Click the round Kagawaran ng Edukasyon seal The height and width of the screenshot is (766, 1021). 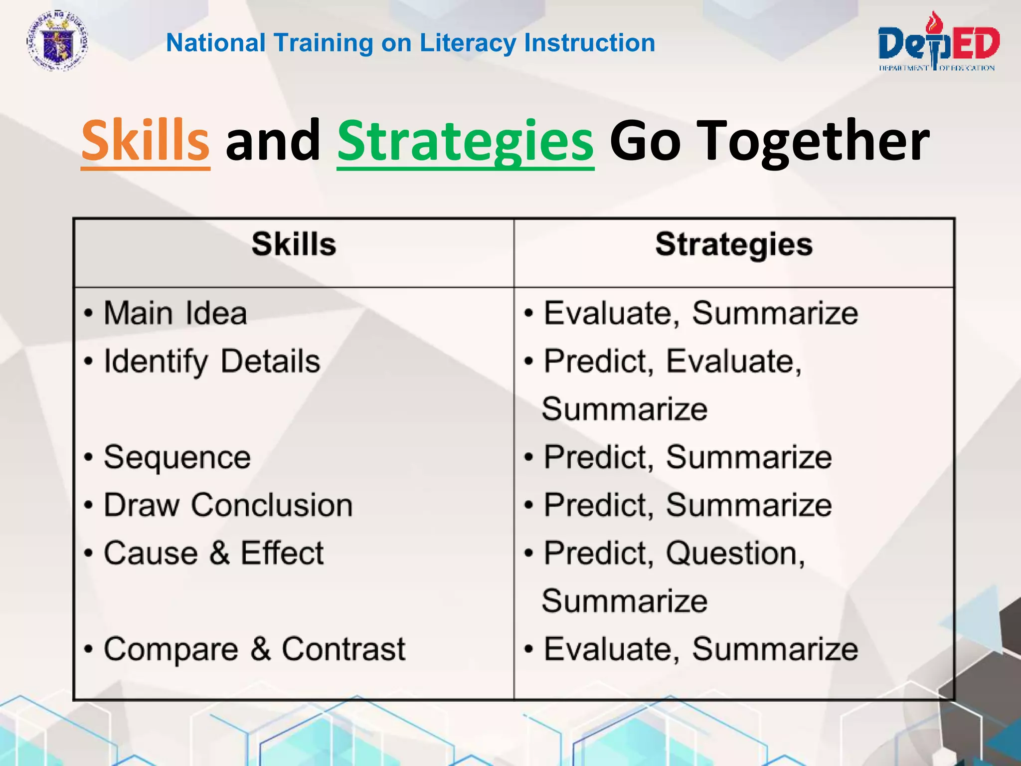57,41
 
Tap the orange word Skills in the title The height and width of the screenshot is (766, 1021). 145,141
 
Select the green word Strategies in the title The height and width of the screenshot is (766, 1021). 465,141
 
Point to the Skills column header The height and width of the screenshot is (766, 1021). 294,244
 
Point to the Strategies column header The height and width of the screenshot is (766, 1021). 734,244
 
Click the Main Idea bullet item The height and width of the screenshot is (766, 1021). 175,313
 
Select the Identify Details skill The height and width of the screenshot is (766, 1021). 211,361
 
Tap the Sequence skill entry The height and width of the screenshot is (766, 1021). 177,457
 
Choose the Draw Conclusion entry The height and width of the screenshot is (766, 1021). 228,505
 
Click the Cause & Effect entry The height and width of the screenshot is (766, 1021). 213,553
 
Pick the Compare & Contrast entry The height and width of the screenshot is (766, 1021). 254,649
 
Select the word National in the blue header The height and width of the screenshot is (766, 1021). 215,43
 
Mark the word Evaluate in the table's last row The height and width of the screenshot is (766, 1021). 611,649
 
